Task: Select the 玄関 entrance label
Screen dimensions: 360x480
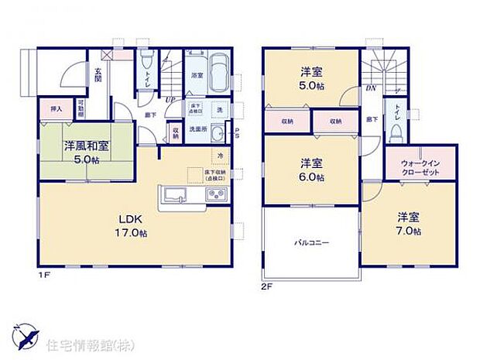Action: pyautogui.click(x=99, y=74)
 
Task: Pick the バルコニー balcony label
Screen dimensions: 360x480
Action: pyautogui.click(x=311, y=242)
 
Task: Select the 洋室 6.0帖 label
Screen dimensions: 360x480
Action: pyautogui.click(x=312, y=170)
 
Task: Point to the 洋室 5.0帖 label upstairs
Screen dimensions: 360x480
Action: pyautogui.click(x=312, y=80)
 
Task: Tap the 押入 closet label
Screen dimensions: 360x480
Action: pyautogui.click(x=56, y=110)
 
